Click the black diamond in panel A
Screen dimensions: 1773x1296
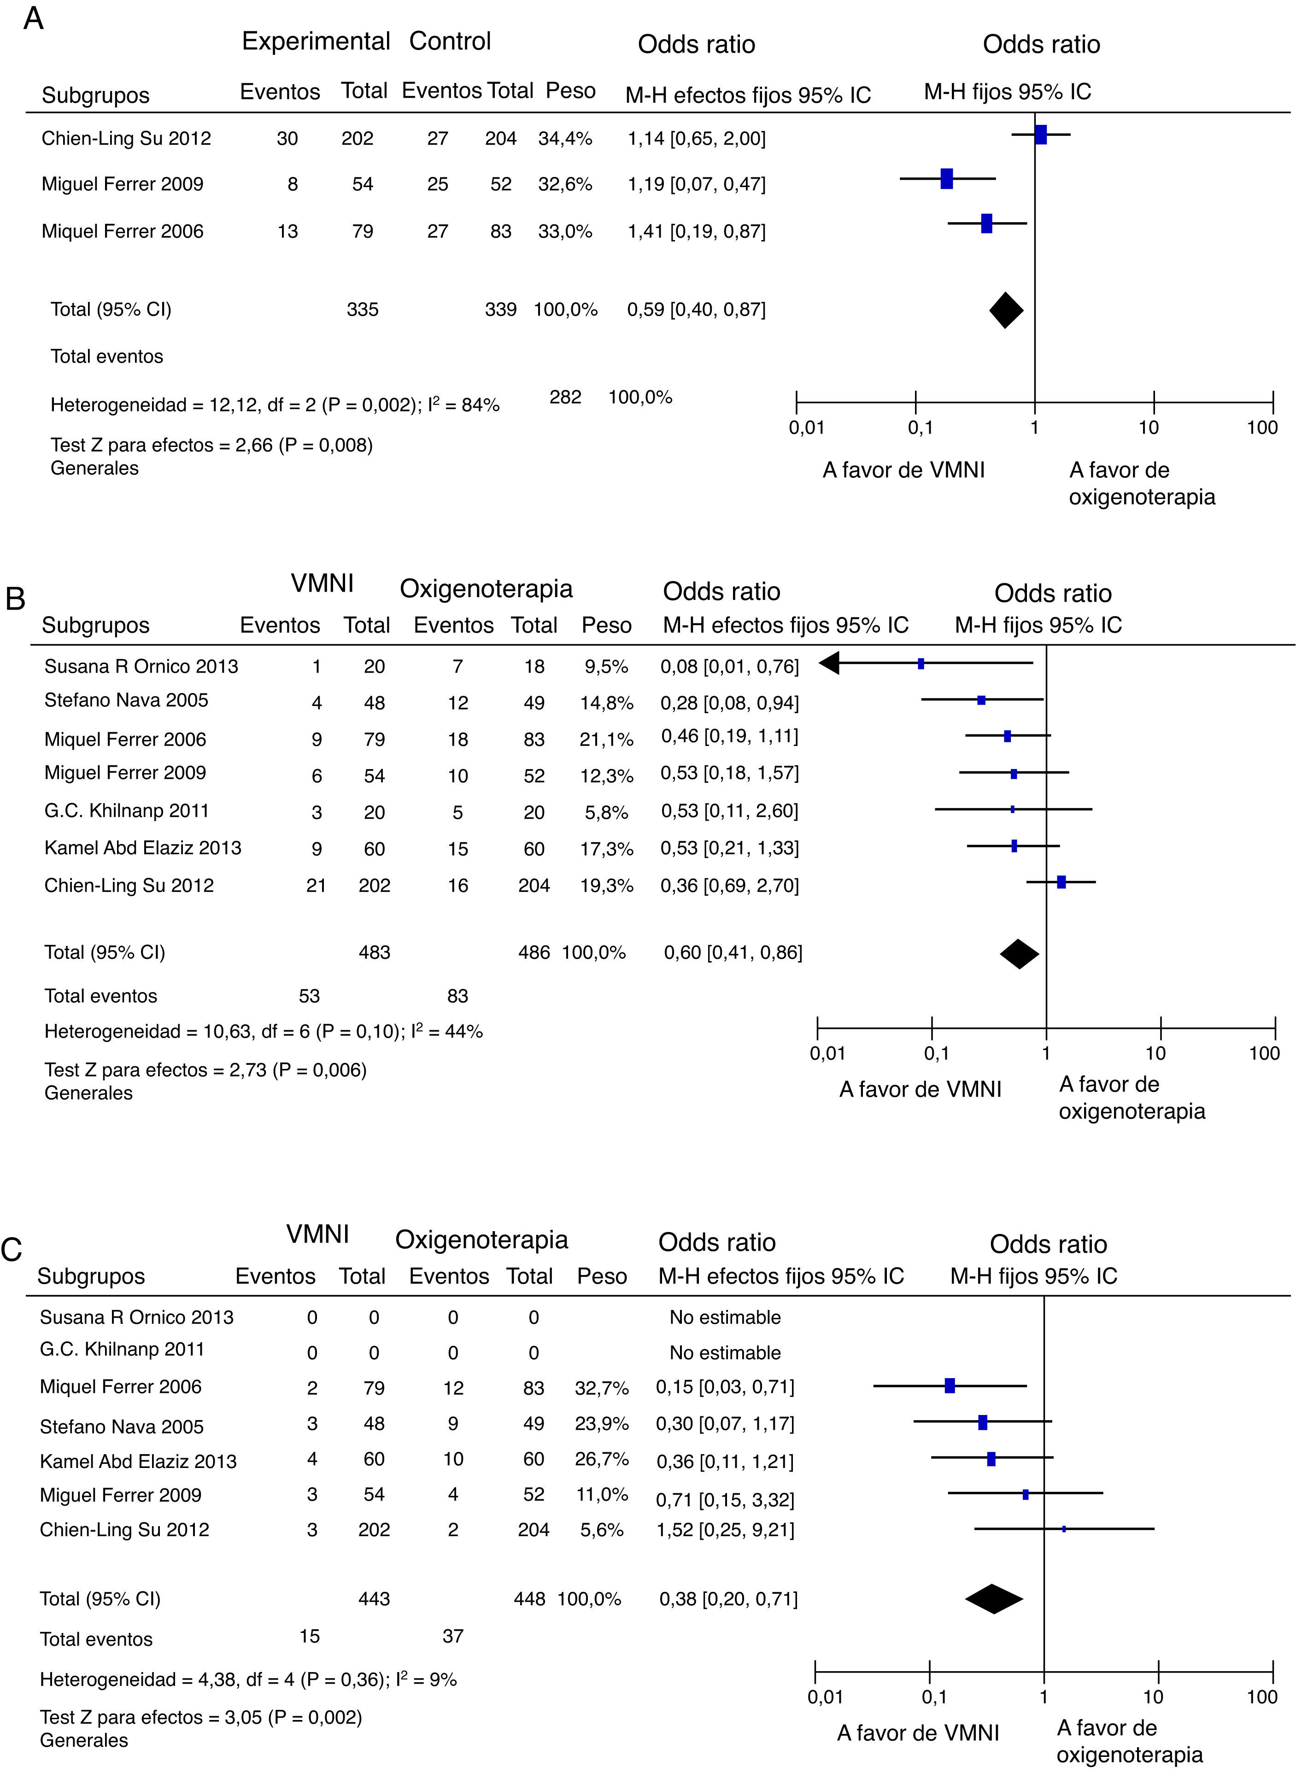point(1006,310)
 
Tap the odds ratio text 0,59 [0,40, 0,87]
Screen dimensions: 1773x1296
point(696,310)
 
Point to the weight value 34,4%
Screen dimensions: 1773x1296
point(565,139)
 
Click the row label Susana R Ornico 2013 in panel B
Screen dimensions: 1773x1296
point(141,667)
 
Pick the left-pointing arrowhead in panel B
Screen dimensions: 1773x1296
point(830,663)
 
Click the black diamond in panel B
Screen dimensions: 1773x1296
point(1019,953)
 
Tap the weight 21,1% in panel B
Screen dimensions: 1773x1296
point(606,739)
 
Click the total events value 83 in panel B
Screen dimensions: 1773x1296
point(457,996)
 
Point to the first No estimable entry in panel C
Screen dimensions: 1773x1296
point(725,1317)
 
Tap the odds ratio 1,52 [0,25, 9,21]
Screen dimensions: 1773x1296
point(725,1530)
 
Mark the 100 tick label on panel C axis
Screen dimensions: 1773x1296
point(1261,1697)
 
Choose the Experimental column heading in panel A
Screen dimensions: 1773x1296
point(316,41)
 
